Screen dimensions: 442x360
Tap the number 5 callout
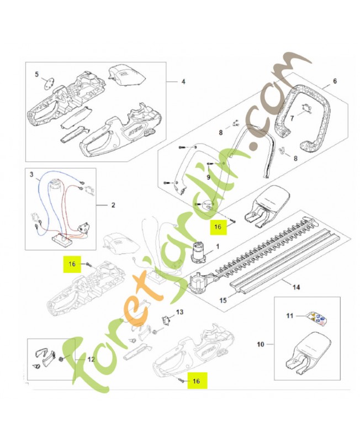click(x=37, y=73)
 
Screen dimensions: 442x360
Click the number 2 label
click(x=113, y=206)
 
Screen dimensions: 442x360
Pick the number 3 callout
click(x=31, y=174)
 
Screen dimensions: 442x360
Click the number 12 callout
click(x=91, y=359)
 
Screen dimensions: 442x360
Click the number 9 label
click(x=208, y=177)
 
